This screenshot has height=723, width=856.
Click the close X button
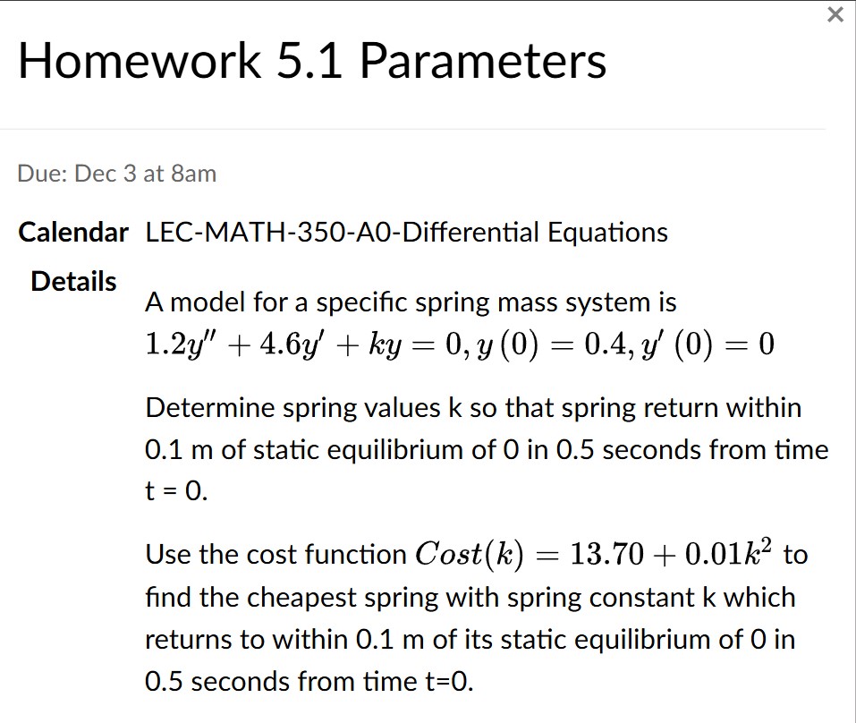(x=835, y=14)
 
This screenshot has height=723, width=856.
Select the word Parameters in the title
(x=484, y=61)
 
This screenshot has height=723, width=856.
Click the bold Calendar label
(x=73, y=234)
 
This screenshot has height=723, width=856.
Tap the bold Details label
(x=73, y=281)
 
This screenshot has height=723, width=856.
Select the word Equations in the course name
(x=607, y=234)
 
